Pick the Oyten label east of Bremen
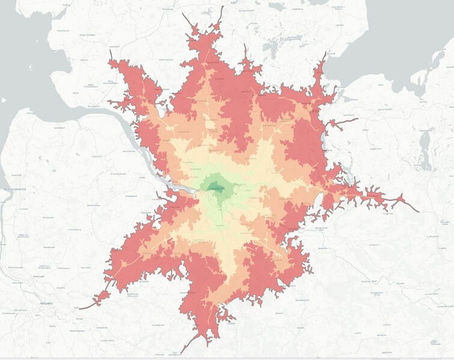click(x=76, y=308)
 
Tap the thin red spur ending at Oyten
click(x=84, y=307)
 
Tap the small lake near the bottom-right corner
click(x=434, y=342)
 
